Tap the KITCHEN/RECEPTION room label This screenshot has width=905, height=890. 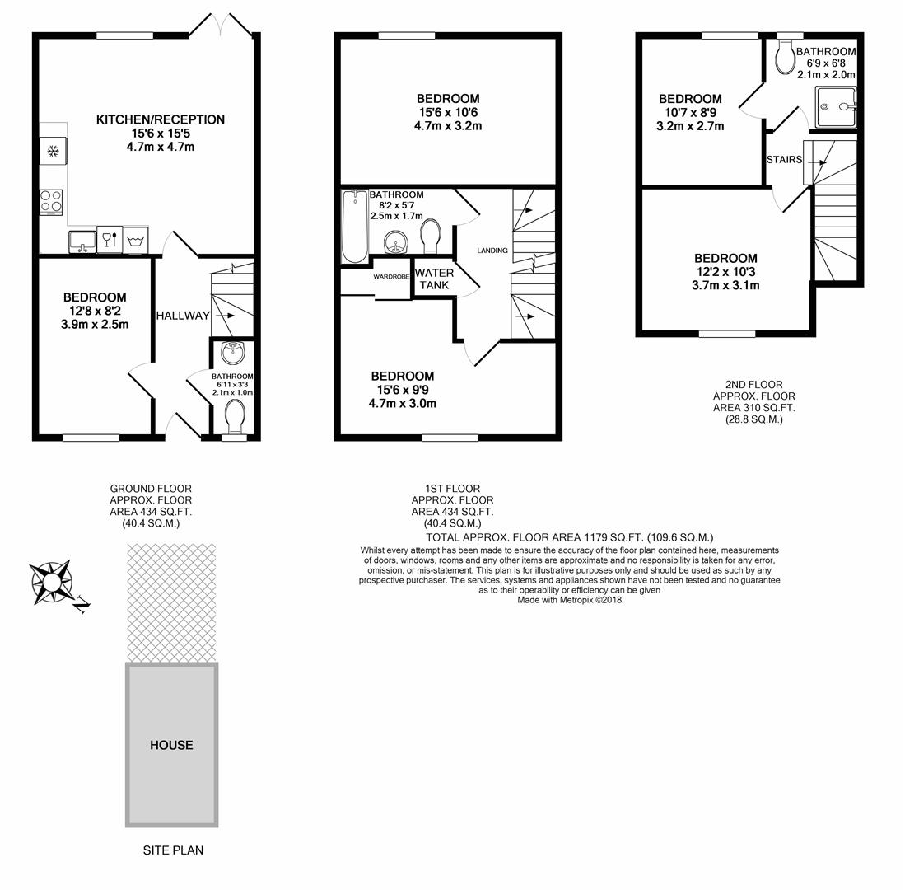pyautogui.click(x=161, y=119)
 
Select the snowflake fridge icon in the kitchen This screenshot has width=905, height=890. pyautogui.click(x=53, y=152)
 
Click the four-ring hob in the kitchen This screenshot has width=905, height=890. pyautogui.click(x=51, y=201)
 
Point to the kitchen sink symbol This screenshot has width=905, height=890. pyautogui.click(x=82, y=241)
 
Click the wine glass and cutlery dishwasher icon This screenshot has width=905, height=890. pyautogui.click(x=110, y=240)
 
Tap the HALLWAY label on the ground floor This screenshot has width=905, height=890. pyautogui.click(x=183, y=316)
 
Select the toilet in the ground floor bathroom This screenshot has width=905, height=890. pyautogui.click(x=235, y=416)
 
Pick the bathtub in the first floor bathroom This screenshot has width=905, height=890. pyautogui.click(x=355, y=227)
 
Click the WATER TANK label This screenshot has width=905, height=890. pyautogui.click(x=434, y=279)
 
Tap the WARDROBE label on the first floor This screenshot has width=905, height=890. pyautogui.click(x=391, y=277)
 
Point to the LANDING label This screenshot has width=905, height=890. pyautogui.click(x=492, y=251)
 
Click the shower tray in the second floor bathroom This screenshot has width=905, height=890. pyautogui.click(x=836, y=107)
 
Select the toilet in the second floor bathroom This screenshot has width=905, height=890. pyautogui.click(x=786, y=58)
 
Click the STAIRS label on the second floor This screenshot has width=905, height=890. pyautogui.click(x=784, y=159)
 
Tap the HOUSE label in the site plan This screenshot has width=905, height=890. pyautogui.click(x=171, y=745)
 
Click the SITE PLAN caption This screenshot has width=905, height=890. pyautogui.click(x=173, y=850)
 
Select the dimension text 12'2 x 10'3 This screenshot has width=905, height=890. pyautogui.click(x=725, y=272)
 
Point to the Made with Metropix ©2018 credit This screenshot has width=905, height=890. pyautogui.click(x=569, y=600)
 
